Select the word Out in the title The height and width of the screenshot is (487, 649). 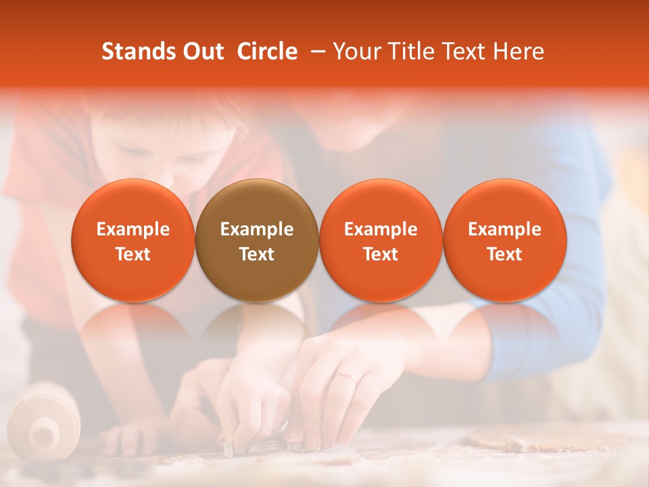pyautogui.click(x=201, y=51)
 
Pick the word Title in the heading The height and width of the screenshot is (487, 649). pyautogui.click(x=407, y=51)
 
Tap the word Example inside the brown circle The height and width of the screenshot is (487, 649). pyautogui.click(x=257, y=229)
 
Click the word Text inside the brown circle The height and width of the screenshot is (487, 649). pyautogui.click(x=257, y=254)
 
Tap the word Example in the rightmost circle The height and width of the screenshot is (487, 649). pyautogui.click(x=504, y=229)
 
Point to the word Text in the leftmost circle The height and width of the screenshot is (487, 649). pyautogui.click(x=133, y=254)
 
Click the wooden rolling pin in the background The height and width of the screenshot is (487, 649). pyautogui.click(x=43, y=419)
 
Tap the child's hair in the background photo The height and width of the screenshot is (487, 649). pyautogui.click(x=169, y=125)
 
